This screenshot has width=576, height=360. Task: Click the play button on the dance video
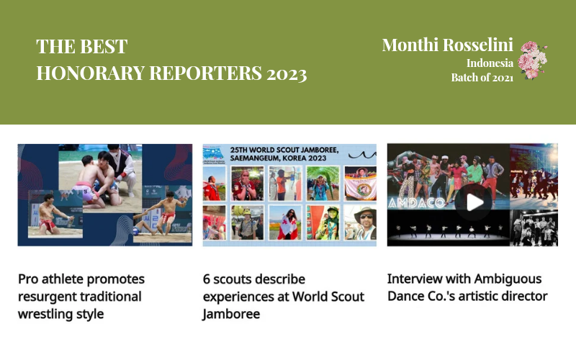[473, 202]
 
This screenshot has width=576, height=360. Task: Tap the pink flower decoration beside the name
[532, 60]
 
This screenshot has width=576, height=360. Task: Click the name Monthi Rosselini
[447, 45]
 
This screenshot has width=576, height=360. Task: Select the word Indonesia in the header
[490, 63]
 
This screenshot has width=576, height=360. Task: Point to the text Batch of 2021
[482, 78]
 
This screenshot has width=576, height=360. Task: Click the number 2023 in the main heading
[287, 73]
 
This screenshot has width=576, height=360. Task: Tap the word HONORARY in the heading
[91, 73]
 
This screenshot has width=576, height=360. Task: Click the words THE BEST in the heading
[82, 47]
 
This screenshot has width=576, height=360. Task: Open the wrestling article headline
[81, 297]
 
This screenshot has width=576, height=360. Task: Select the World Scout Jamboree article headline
[283, 297]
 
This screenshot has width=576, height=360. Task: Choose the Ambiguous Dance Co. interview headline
[467, 287]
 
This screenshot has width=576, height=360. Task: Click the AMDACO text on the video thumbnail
[417, 202]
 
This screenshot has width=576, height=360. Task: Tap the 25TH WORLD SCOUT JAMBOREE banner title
[284, 154]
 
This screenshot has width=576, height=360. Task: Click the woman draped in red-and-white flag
[285, 222]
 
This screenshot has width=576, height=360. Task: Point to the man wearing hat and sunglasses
[361, 222]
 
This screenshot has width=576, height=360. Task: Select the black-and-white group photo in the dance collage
[534, 228]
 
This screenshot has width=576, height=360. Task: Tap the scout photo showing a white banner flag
[361, 184]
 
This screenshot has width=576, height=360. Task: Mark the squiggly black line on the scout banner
[362, 155]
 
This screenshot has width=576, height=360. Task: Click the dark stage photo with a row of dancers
[448, 228]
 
